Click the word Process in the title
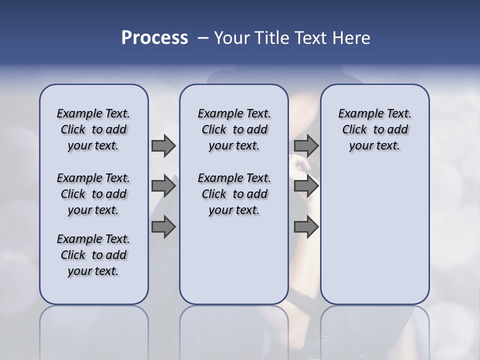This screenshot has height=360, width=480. (x=154, y=38)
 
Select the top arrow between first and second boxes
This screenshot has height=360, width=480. (x=163, y=145)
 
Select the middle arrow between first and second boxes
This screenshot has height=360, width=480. (x=163, y=186)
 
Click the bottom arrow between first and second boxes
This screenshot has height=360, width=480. (x=163, y=227)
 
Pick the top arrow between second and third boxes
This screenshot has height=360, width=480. (x=306, y=145)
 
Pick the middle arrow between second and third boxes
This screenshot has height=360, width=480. (x=306, y=186)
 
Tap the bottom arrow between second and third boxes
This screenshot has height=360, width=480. (x=306, y=227)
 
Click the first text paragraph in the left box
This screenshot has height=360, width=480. (x=93, y=129)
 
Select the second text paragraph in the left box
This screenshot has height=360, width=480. (x=93, y=194)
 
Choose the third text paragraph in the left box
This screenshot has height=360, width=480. (x=93, y=255)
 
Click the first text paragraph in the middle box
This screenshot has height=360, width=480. (x=234, y=129)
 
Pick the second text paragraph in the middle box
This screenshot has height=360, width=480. (x=234, y=194)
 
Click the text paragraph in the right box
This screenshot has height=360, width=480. (x=374, y=129)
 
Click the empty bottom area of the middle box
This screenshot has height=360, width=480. (x=234, y=265)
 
